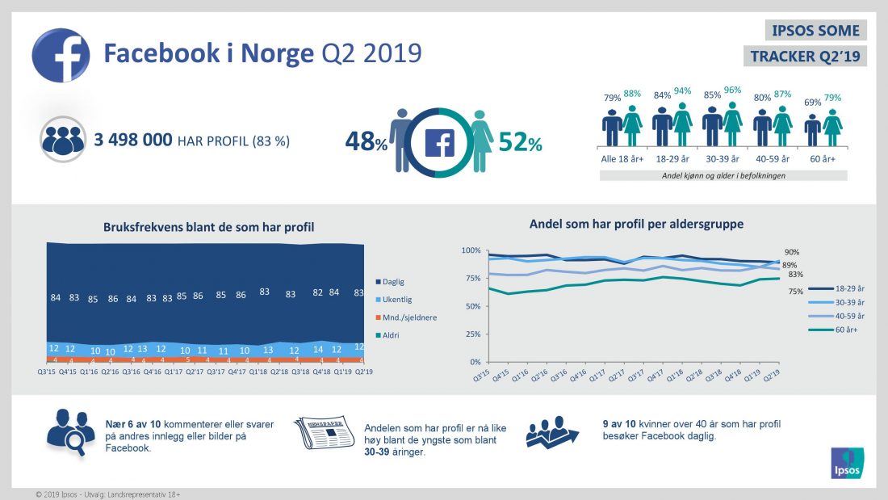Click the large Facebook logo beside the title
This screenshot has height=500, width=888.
point(61,55)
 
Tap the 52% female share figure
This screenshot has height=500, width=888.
point(519,142)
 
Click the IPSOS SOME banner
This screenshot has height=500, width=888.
point(815,31)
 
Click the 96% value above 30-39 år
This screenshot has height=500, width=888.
point(732,91)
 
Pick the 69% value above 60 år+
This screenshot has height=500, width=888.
point(812,103)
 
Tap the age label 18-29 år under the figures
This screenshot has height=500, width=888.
point(672,158)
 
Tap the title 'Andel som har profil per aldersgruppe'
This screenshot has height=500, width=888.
point(636,224)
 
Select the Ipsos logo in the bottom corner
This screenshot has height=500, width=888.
point(847,463)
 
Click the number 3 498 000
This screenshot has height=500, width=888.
point(132,141)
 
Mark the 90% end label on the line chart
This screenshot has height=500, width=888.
point(792,252)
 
